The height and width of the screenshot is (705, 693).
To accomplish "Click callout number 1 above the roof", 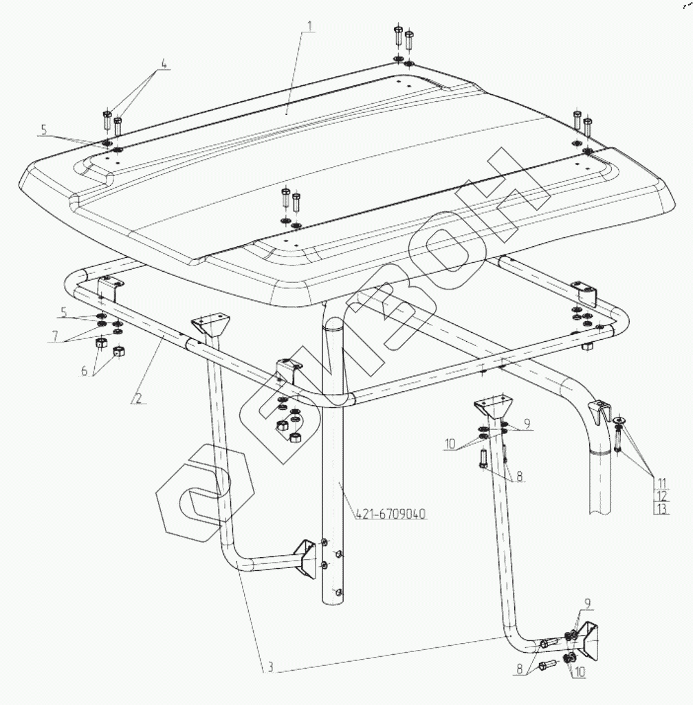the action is [309, 26].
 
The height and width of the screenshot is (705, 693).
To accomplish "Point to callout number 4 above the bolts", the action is [164, 64].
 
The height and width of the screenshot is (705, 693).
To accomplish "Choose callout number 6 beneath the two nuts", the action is [85, 371].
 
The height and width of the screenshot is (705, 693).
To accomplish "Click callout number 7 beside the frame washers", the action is [55, 336].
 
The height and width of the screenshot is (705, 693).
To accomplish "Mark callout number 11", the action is [661, 484].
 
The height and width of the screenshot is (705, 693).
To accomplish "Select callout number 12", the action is [662, 497].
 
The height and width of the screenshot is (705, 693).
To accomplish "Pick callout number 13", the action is [662, 509].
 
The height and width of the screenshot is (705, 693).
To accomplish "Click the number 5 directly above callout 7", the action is [64, 312].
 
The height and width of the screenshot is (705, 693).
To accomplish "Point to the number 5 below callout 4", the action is [43, 130].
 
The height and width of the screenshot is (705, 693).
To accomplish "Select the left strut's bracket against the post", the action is [305, 558].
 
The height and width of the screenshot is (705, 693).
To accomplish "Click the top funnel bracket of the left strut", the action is [210, 325].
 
